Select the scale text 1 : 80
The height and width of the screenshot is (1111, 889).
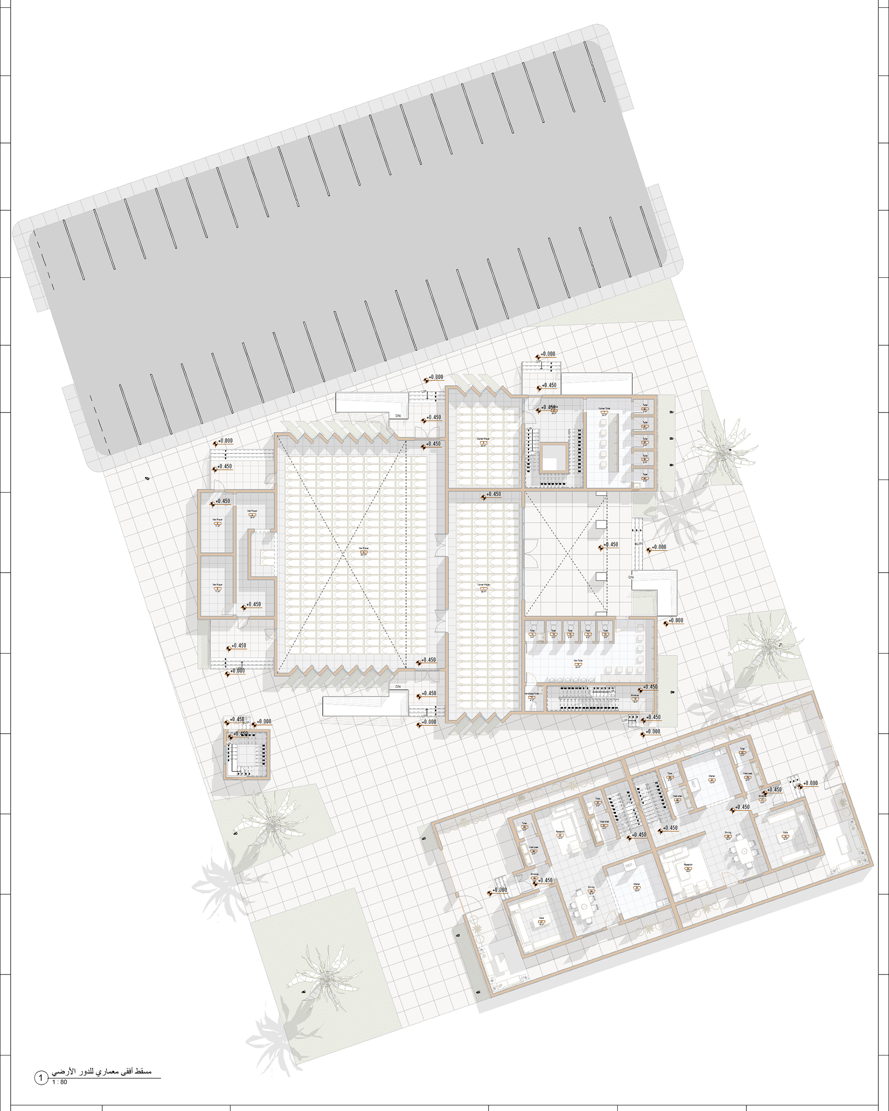click(x=59, y=1082)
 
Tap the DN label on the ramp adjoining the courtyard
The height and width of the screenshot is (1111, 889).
click(x=631, y=577)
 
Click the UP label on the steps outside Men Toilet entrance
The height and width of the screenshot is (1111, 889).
click(x=625, y=720)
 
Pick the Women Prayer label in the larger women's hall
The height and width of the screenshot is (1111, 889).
click(x=483, y=586)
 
